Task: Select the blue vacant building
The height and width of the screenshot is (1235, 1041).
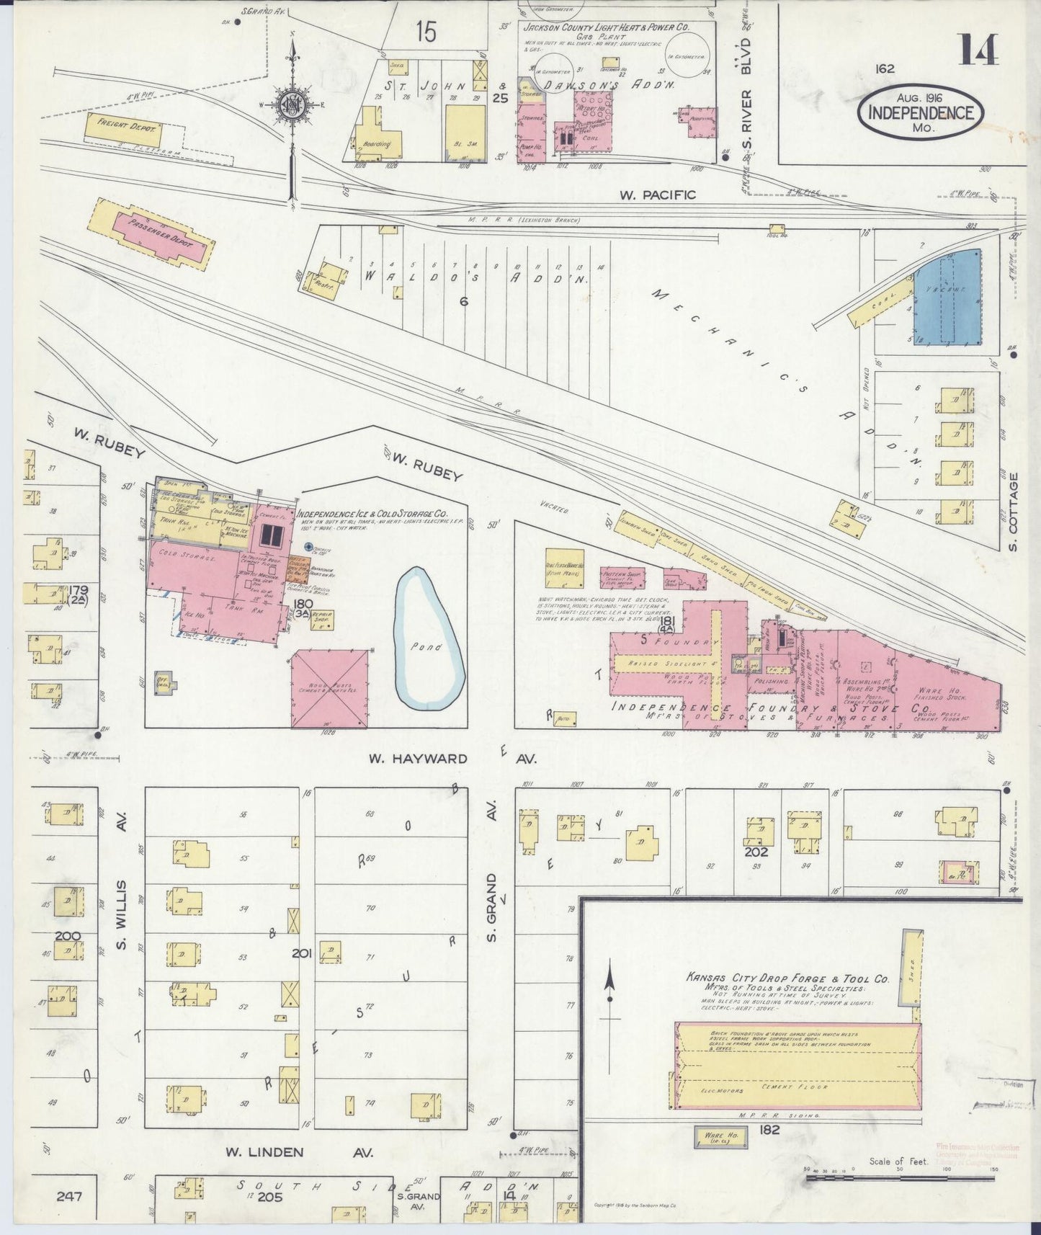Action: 947,298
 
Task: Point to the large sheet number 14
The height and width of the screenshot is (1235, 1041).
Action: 978,51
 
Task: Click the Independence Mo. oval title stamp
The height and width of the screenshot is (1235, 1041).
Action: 920,113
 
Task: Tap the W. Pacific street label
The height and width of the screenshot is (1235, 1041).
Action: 658,195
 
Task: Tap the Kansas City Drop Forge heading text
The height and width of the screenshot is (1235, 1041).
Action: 787,980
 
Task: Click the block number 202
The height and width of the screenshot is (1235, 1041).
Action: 757,852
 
